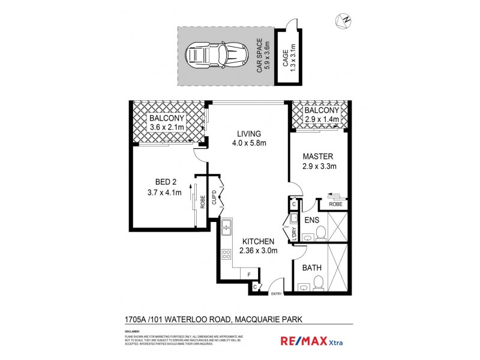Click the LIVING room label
coord(248,134)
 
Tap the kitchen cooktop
coord(226,257)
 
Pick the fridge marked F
coord(248,275)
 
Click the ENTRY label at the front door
coord(277,294)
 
